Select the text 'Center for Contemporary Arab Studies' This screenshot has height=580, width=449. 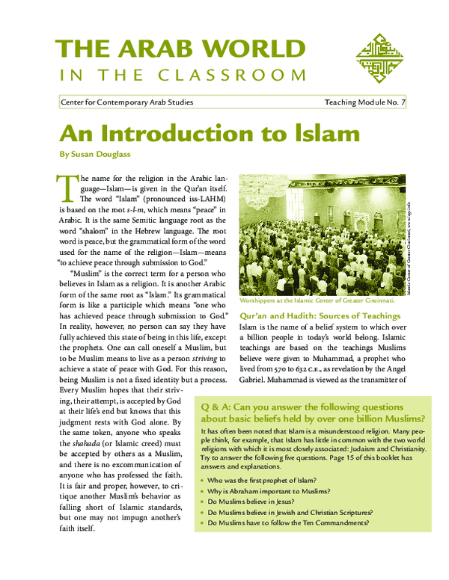click(x=126, y=102)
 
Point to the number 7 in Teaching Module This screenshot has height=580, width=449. click(x=403, y=102)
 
